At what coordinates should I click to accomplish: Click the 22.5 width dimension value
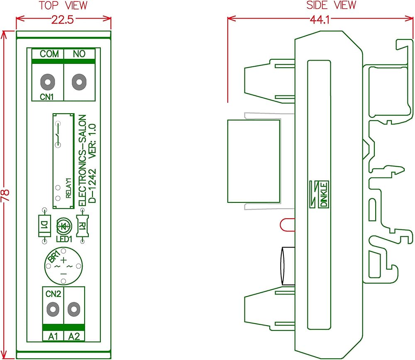coord(63,19)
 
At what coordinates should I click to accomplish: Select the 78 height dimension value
coord(5,195)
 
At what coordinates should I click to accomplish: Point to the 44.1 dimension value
coord(320,19)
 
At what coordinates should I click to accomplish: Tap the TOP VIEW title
coord(63,5)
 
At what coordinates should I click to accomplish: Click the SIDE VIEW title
coord(331,5)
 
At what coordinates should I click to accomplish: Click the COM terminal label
coord(49,54)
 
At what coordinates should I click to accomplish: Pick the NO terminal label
coord(79,54)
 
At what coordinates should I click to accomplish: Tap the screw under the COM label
coord(48,82)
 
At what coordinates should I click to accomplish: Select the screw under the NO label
coord(79,82)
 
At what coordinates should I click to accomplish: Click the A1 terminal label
coord(53,336)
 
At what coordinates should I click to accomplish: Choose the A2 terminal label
coord(74,336)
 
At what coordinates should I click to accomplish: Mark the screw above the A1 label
coord(53,309)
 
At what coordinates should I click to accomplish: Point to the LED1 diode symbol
coord(64,226)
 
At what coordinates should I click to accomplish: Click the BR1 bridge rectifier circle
coord(63,266)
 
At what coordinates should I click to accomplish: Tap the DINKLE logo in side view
coord(319,194)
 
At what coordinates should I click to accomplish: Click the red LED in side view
coord(287,225)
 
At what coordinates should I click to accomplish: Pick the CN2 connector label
coord(53,294)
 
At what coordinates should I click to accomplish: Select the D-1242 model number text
coord(93,186)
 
